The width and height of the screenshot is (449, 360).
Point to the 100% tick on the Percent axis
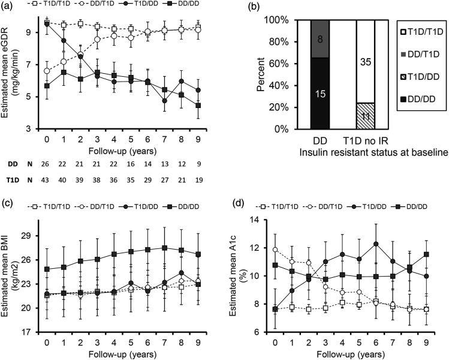[x=288, y=21]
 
